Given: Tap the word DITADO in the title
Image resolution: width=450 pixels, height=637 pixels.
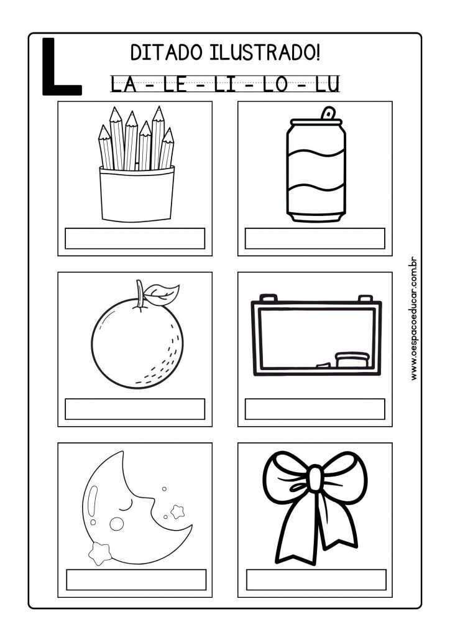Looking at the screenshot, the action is click(x=166, y=53).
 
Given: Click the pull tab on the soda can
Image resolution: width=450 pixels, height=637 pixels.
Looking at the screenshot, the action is click(x=328, y=113).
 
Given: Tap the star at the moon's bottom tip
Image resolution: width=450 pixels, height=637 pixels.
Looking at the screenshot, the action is click(x=100, y=552).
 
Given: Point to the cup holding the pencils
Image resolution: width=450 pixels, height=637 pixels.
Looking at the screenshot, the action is click(x=137, y=194).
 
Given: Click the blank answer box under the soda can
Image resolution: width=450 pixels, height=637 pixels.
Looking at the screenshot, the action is click(x=315, y=238).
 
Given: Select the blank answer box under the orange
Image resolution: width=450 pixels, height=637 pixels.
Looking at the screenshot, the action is click(x=135, y=409).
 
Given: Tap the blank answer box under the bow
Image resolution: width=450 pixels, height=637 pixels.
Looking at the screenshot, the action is click(x=316, y=580).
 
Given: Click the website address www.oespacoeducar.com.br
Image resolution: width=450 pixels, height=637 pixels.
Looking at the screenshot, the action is click(x=413, y=318).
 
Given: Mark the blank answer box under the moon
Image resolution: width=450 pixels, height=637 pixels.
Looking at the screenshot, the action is click(x=136, y=580).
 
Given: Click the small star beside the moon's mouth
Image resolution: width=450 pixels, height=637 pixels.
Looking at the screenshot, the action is click(x=177, y=511).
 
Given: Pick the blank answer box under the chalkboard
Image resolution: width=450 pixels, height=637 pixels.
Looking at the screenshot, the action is click(x=315, y=409).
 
